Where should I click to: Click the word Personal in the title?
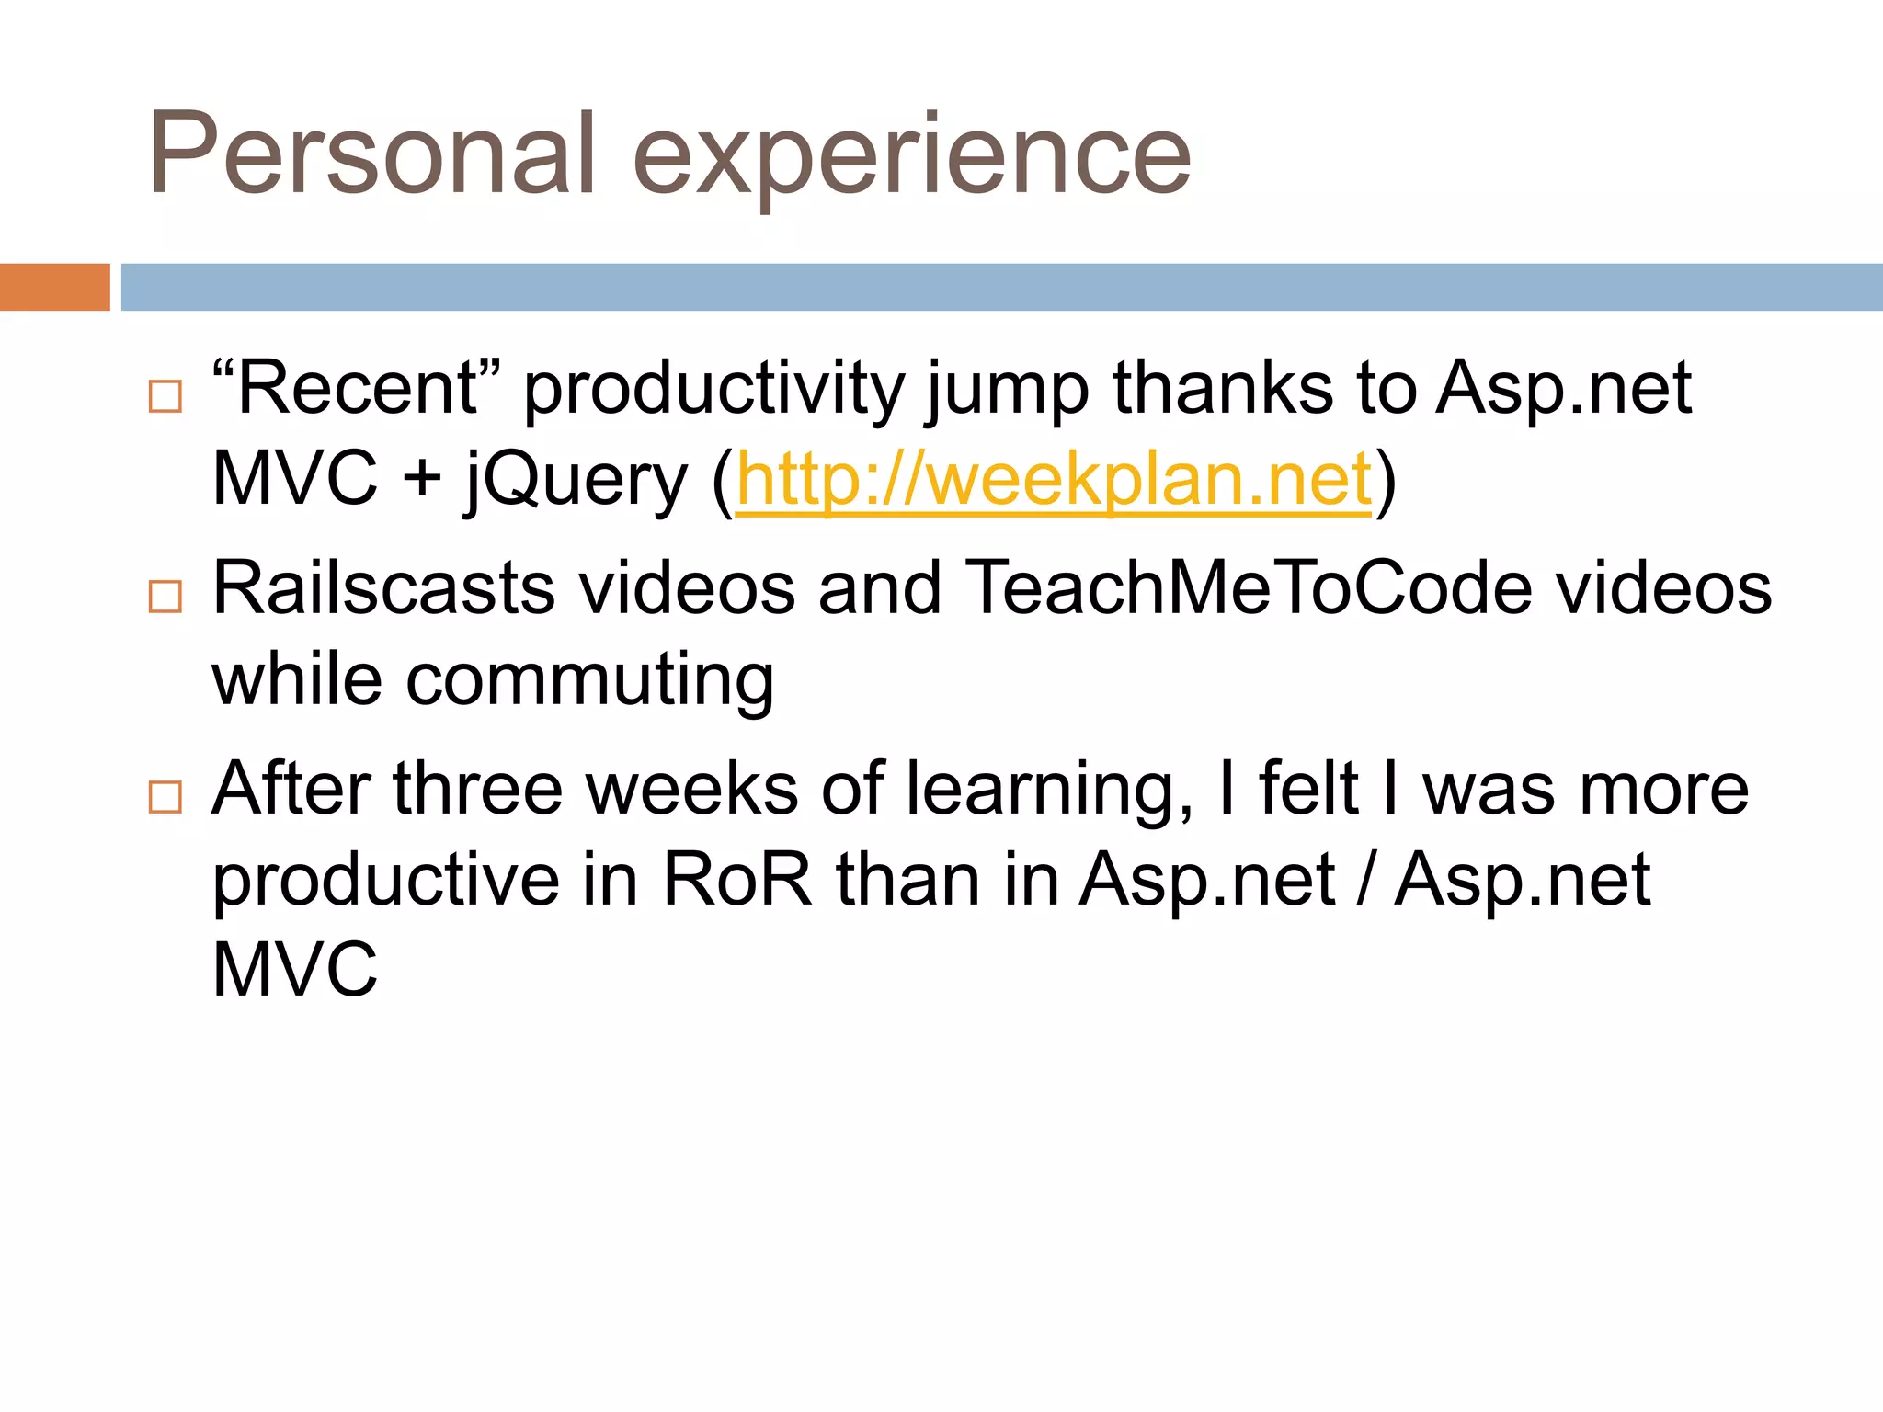click(x=372, y=154)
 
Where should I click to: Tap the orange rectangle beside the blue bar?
click(x=54, y=287)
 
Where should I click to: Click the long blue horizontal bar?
click(x=1001, y=287)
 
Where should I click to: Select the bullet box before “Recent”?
click(x=165, y=396)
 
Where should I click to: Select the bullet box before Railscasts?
click(x=165, y=597)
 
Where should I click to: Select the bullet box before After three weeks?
click(x=165, y=796)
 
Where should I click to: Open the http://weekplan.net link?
click(x=1054, y=479)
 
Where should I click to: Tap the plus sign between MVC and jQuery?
click(x=422, y=480)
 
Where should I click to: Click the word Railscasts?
click(x=383, y=587)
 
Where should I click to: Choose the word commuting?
click(x=589, y=681)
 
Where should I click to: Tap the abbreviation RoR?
click(x=737, y=880)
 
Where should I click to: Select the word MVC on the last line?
click(x=294, y=970)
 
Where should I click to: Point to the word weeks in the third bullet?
click(x=691, y=789)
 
